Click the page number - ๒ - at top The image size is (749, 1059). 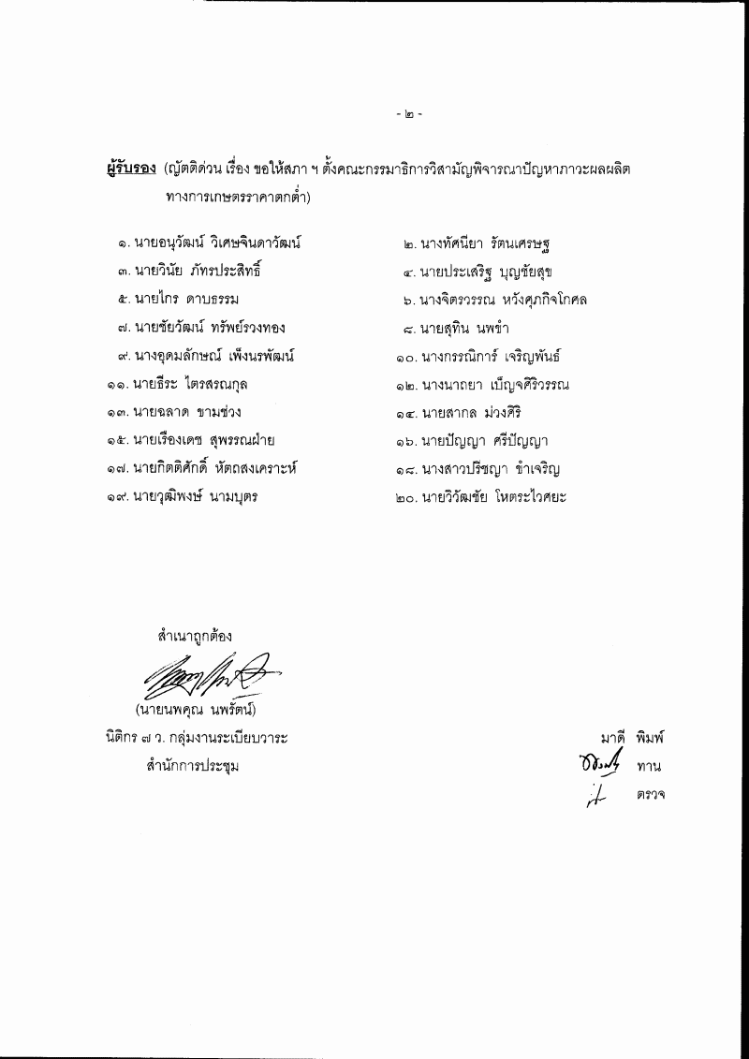[408, 116]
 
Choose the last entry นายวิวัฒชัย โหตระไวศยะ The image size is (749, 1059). [495, 496]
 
